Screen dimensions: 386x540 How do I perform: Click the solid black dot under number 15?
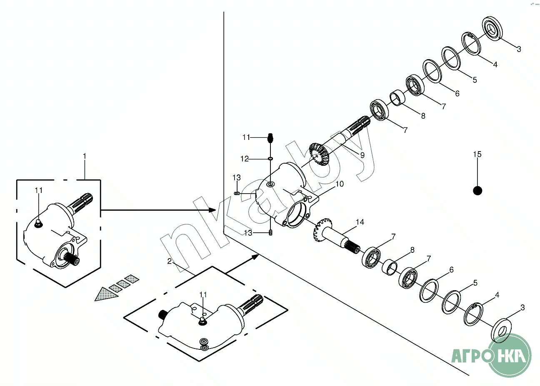(x=477, y=190)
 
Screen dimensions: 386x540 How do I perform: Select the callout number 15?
(x=477, y=154)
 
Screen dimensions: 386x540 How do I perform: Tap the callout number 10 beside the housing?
(x=340, y=184)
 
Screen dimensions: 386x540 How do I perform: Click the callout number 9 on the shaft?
(x=362, y=155)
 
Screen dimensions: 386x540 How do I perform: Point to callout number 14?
(x=360, y=222)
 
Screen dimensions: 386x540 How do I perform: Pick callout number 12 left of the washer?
(x=244, y=159)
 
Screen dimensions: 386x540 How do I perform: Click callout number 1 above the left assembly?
(x=85, y=156)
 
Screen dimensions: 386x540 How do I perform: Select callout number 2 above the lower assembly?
(x=170, y=261)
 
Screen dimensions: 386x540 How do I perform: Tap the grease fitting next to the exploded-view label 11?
(x=270, y=137)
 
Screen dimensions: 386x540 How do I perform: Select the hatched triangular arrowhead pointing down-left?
(x=105, y=294)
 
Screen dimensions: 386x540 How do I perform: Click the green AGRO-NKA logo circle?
(x=510, y=355)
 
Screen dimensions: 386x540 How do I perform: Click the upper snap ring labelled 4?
(x=472, y=43)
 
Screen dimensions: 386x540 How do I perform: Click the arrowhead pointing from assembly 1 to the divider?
(x=212, y=210)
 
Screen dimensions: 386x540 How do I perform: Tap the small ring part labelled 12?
(x=270, y=159)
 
